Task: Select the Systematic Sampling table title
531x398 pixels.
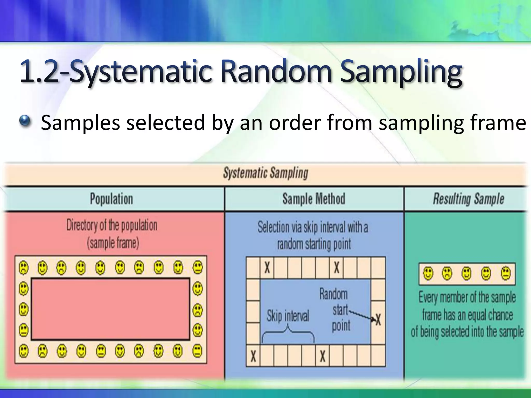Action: [265, 173]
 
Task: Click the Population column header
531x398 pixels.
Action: [111, 199]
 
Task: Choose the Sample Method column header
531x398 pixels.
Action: [314, 199]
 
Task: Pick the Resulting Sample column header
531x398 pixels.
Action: [468, 199]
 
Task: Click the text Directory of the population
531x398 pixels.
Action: [112, 225]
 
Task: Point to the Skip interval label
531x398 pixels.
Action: [288, 316]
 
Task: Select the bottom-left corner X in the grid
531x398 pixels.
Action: [253, 356]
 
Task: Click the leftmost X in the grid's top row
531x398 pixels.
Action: [267, 267]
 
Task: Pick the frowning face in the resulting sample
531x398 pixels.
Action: [447, 273]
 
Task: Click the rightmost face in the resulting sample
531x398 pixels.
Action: [506, 273]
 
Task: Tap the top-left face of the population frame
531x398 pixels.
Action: [24, 267]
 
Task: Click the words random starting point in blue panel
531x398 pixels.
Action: [314, 244]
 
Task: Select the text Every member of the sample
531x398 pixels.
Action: [467, 297]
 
